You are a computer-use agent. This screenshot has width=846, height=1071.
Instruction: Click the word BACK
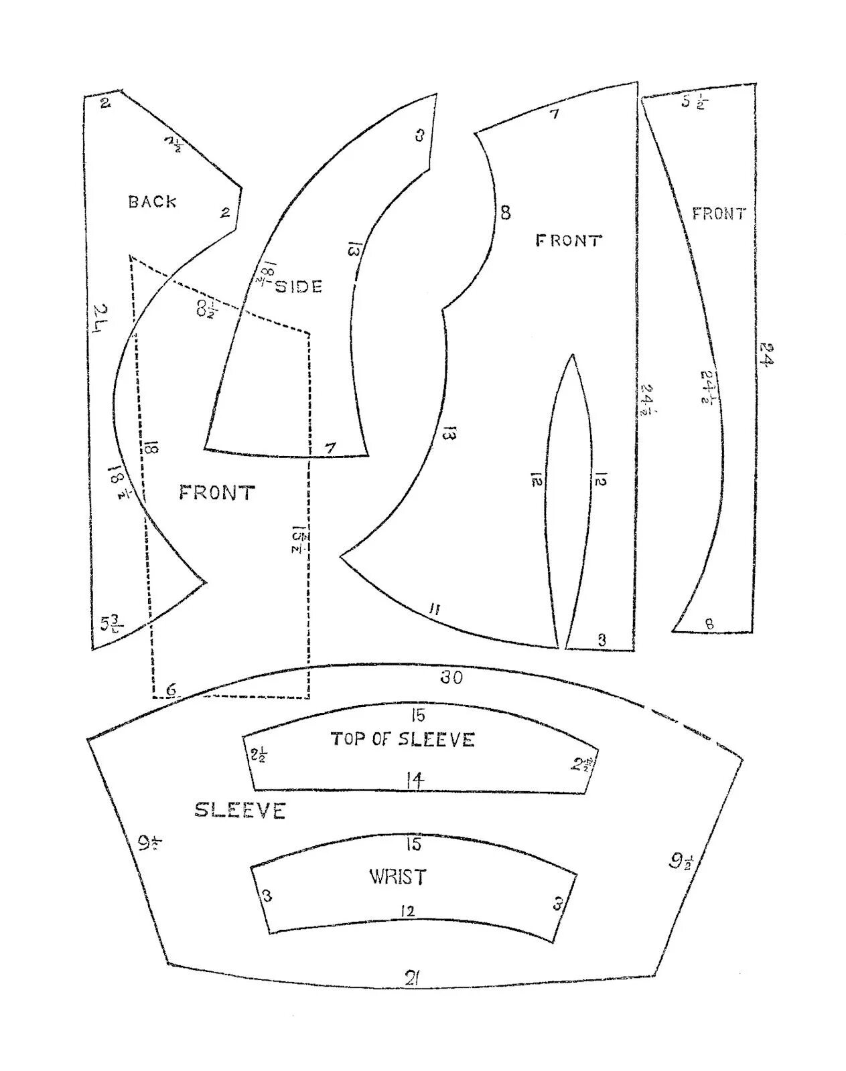pos(153,201)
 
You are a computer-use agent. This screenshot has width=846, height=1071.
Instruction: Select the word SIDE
pos(299,286)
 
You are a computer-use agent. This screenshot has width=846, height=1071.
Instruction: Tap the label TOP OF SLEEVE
pos(403,740)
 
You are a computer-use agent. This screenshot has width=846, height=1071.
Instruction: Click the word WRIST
pos(397,877)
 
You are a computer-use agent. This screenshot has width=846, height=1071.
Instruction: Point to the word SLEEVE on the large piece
pos(240,811)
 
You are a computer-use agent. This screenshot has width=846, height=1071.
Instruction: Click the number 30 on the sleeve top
pos(451,678)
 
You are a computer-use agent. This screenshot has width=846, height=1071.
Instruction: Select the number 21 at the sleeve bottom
pos(412,979)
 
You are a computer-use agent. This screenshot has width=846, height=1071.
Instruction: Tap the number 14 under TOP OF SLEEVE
pos(415,780)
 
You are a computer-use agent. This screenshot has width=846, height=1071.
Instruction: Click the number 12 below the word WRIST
pos(407,911)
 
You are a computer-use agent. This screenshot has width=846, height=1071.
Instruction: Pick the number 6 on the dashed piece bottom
pos(171,689)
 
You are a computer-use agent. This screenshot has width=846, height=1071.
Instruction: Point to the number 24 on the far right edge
pos(767,354)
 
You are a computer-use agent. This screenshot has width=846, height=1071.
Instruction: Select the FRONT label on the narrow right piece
pos(719,214)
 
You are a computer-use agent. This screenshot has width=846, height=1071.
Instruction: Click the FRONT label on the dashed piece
pos(217,493)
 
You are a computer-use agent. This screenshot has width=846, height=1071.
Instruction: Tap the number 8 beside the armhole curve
pos(505,213)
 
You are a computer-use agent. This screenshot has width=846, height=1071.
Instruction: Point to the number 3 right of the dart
pos(602,640)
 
